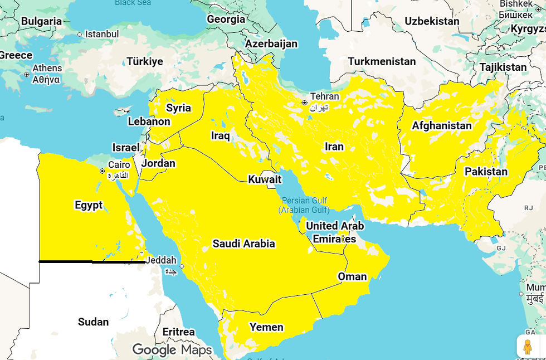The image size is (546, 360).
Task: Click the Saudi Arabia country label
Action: [243, 244]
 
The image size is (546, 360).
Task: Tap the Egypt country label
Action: [89, 205]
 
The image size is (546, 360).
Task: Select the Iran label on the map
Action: [334, 147]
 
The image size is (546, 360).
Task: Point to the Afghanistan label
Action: [441, 126]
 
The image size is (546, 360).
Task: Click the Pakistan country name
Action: [486, 171]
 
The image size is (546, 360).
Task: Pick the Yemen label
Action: [266, 327]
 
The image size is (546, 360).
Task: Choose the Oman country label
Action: [352, 276]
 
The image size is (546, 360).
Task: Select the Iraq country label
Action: [220, 135]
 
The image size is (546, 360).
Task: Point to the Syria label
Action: [178, 108]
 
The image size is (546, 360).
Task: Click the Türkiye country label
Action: [144, 61]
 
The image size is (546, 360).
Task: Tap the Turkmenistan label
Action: [382, 61]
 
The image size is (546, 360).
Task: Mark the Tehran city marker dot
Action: [304, 103]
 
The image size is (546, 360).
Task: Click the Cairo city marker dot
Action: [102, 171]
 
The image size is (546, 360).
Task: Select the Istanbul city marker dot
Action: [80, 35]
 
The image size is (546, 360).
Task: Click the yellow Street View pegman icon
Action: [527, 347]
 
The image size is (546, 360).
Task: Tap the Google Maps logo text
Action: [172, 350]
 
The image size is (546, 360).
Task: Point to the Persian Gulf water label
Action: [304, 205]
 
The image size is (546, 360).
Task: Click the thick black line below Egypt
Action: [92, 261]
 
